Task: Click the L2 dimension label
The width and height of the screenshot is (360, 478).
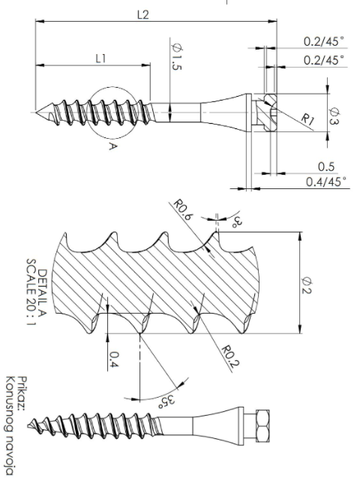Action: (142, 15)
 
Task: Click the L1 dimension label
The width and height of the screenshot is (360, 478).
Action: (100, 59)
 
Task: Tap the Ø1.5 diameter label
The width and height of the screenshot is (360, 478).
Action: (177, 57)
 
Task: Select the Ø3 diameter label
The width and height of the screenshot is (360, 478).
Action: (334, 116)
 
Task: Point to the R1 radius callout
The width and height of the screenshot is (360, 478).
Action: (307, 119)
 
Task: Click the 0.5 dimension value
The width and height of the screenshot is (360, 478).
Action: (326, 167)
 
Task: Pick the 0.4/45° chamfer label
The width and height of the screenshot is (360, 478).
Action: (326, 182)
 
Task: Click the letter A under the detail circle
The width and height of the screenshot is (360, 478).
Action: (112, 146)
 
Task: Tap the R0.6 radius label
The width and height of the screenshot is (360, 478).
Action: (183, 209)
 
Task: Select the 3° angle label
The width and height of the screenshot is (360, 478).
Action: (238, 221)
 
